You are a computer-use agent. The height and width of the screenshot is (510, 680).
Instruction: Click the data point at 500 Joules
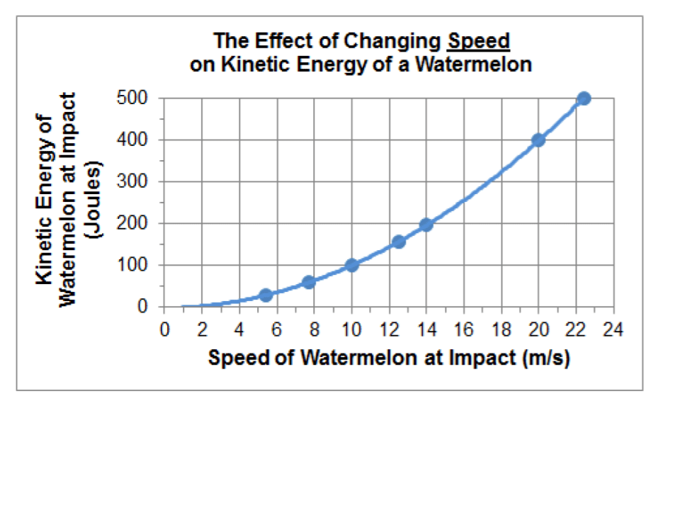pyautogui.click(x=584, y=98)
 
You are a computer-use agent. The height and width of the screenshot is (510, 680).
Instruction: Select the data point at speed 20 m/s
pyautogui.click(x=538, y=140)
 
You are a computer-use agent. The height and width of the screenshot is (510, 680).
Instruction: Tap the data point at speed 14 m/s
pyautogui.click(x=426, y=225)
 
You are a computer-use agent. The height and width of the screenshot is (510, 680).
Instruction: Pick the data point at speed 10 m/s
pyautogui.click(x=351, y=266)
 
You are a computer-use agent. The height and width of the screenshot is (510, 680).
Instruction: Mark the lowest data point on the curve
pyautogui.click(x=266, y=295)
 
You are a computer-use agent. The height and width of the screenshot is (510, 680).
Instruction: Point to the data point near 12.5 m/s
pyautogui.click(x=398, y=242)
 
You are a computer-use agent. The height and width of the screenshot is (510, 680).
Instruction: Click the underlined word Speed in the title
pyautogui.click(x=479, y=41)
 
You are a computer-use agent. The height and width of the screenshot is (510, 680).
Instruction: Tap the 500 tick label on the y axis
pyautogui.click(x=132, y=98)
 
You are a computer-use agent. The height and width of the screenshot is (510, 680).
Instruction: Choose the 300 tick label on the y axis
pyautogui.click(x=132, y=182)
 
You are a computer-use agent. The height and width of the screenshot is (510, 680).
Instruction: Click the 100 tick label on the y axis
pyautogui.click(x=132, y=266)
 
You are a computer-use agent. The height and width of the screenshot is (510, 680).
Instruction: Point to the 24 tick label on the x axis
pyautogui.click(x=613, y=330)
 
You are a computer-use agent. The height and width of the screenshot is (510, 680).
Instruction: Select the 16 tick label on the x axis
pyautogui.click(x=463, y=330)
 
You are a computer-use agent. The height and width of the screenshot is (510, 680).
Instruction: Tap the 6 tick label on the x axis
pyautogui.click(x=277, y=330)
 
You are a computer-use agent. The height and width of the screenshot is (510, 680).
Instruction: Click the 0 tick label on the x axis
pyautogui.click(x=165, y=330)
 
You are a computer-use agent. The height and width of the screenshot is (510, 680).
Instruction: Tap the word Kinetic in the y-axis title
pyautogui.click(x=44, y=255)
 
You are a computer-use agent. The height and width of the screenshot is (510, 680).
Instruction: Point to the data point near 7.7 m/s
pyautogui.click(x=308, y=283)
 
